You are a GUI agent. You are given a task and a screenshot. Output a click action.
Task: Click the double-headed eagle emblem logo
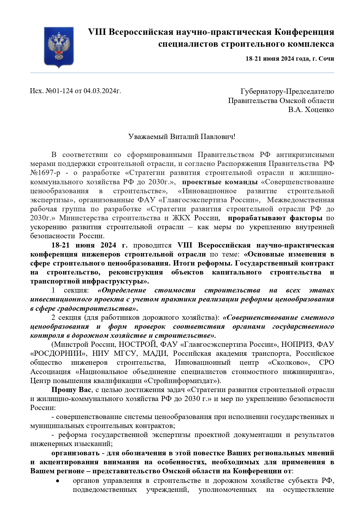(59, 47)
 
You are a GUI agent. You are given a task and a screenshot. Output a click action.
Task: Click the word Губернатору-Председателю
(287, 91)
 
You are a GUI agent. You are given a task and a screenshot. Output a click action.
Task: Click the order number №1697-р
(45, 173)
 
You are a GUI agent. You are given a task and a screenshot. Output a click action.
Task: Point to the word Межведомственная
(300, 200)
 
